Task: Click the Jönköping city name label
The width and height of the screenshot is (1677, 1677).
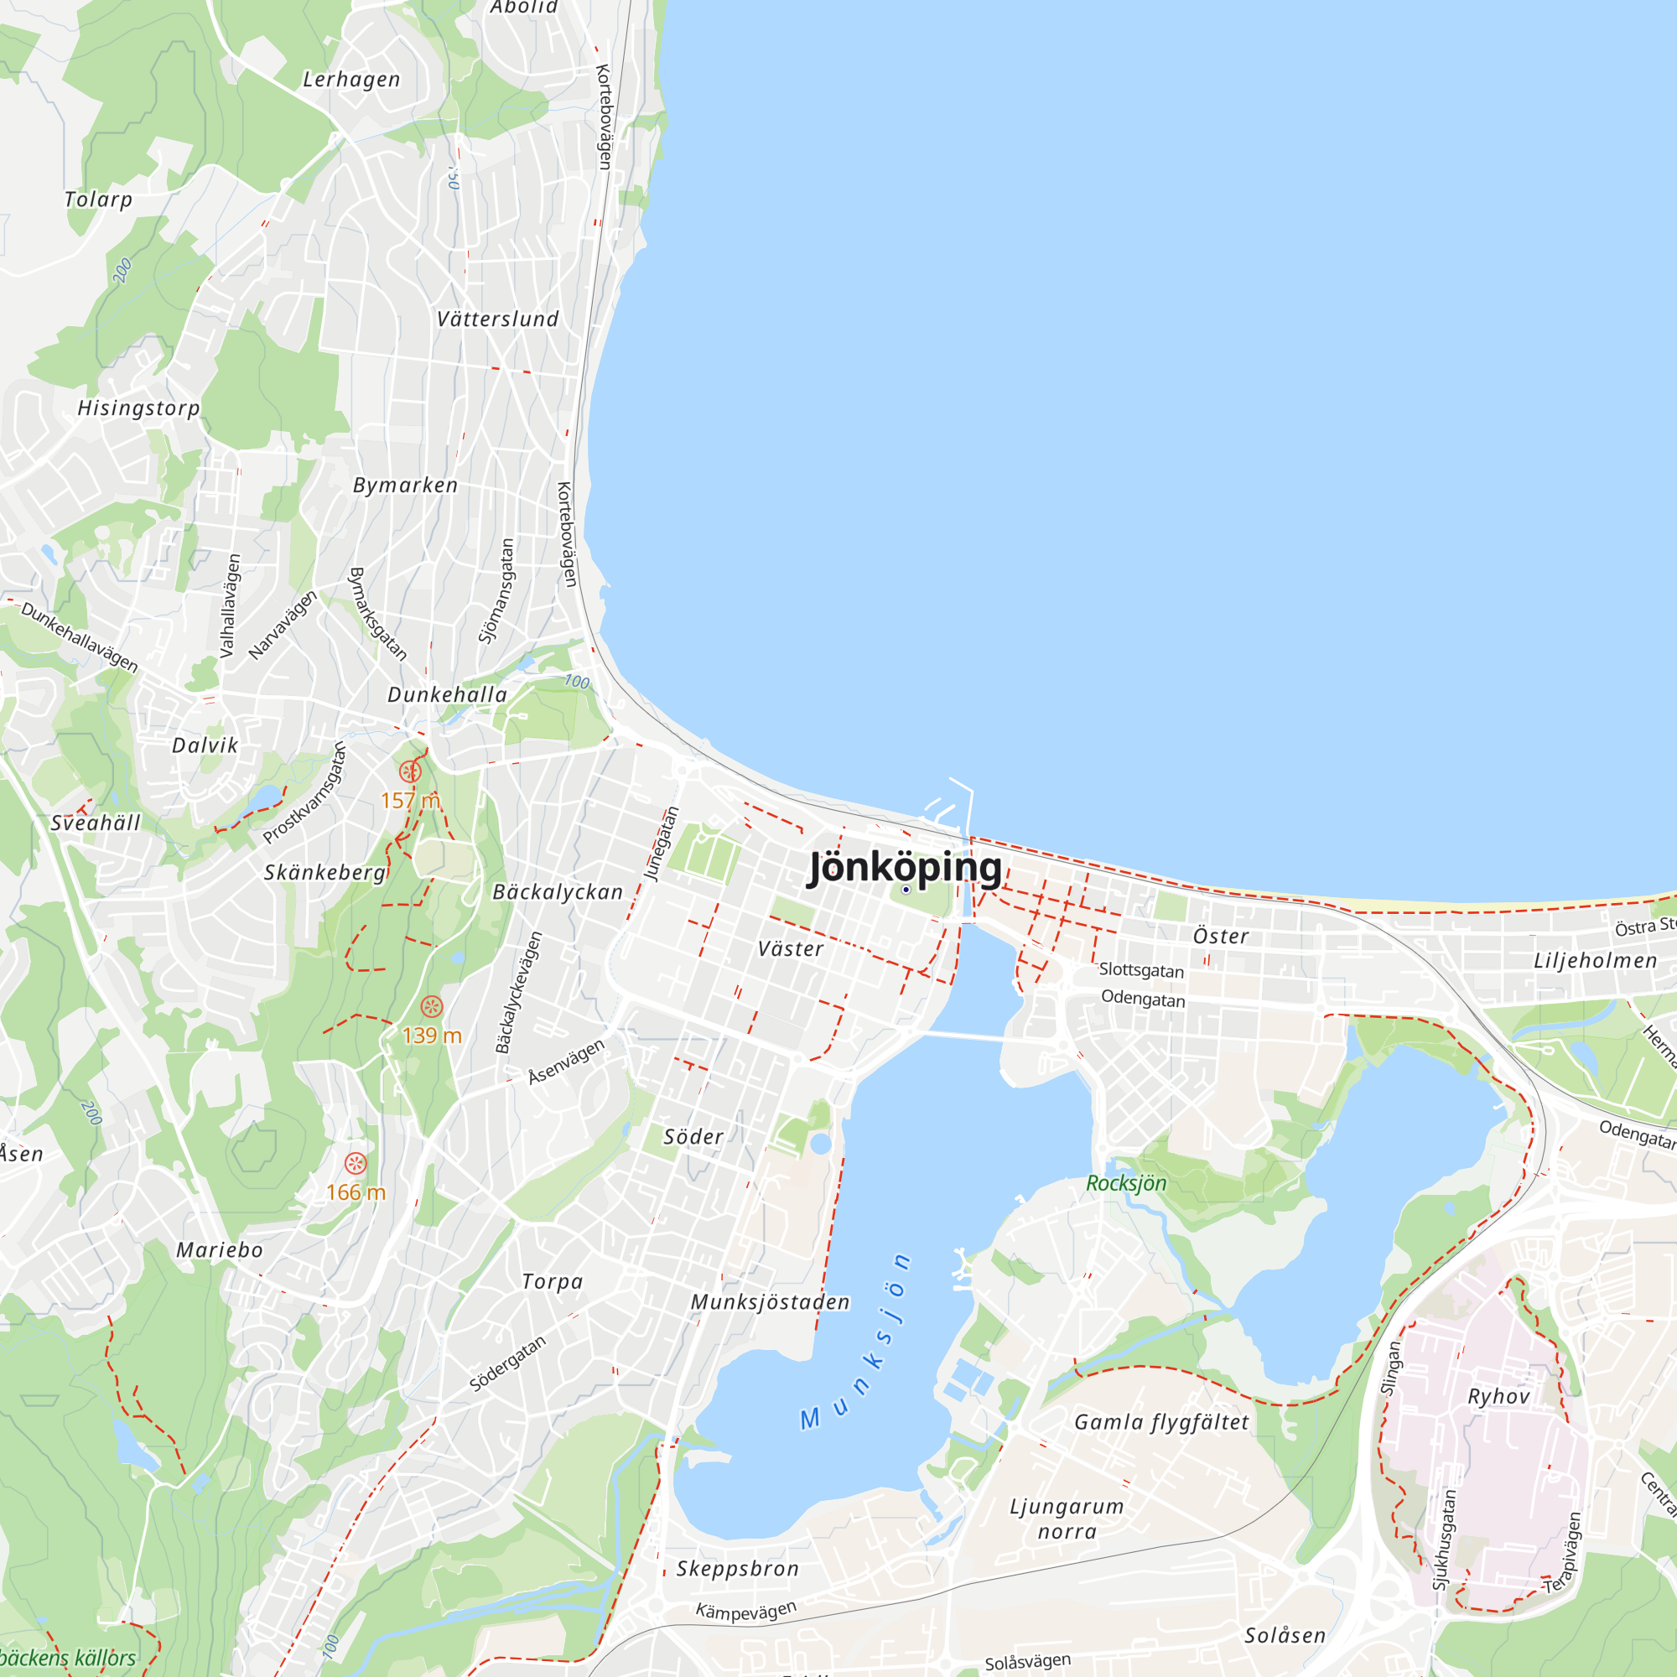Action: click(905, 867)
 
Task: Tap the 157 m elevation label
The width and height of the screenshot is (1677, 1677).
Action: click(410, 799)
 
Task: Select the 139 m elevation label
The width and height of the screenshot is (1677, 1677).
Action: click(431, 1035)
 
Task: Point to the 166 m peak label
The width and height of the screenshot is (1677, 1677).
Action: click(355, 1192)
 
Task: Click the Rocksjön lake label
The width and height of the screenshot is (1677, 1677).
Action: click(1126, 1183)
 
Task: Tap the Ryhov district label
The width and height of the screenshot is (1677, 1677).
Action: click(1498, 1396)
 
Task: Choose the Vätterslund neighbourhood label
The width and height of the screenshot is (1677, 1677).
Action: click(497, 319)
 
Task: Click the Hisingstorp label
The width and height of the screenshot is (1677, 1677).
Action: click(139, 408)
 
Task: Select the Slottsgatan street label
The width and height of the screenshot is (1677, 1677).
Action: click(1140, 969)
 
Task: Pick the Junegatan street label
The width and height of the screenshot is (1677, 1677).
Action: click(662, 843)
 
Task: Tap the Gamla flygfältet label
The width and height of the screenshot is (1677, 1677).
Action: click(1161, 1422)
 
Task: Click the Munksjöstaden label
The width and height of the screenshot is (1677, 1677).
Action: click(770, 1302)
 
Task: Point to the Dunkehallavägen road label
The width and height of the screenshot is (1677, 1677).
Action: click(79, 637)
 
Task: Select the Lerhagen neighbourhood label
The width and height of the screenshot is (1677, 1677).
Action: click(351, 80)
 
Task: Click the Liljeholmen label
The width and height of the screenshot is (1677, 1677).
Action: click(1596, 961)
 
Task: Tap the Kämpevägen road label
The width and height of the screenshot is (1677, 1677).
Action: click(745, 1610)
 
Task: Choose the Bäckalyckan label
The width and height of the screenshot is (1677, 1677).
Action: click(558, 891)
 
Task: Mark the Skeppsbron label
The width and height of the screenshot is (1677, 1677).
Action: click(737, 1569)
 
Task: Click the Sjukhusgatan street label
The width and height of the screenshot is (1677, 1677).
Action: click(1445, 1539)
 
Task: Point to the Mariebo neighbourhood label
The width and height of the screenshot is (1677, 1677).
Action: click(220, 1250)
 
